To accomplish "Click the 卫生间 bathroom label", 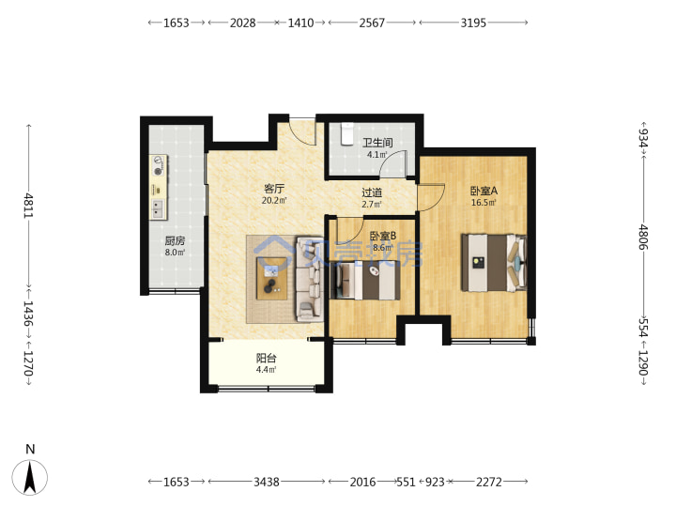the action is pyautogui.click(x=377, y=143).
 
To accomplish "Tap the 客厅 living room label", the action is pyautogui.click(x=274, y=189).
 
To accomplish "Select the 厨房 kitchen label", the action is pyautogui.click(x=175, y=240).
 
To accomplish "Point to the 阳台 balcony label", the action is pyautogui.click(x=266, y=358).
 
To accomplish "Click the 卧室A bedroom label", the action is pyautogui.click(x=484, y=191).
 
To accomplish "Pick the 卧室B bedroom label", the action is pyautogui.click(x=383, y=236).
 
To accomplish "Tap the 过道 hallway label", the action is pyautogui.click(x=372, y=192).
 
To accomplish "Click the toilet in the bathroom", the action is pyautogui.click(x=347, y=133).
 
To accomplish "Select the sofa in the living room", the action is pyautogui.click(x=309, y=279).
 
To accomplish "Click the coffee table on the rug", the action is pyautogui.click(x=271, y=279).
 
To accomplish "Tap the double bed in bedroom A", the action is pyautogui.click(x=494, y=263).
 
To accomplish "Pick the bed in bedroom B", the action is pyautogui.click(x=364, y=281).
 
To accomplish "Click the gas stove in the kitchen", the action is pyautogui.click(x=159, y=165).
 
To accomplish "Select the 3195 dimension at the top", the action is pyautogui.click(x=473, y=23).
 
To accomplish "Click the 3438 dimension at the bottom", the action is pyautogui.click(x=266, y=482).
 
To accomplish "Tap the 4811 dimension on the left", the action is pyautogui.click(x=28, y=206).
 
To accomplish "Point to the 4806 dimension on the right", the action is pyautogui.click(x=643, y=237).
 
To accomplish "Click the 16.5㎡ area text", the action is pyautogui.click(x=484, y=203).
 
